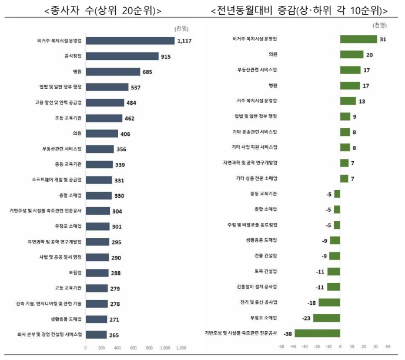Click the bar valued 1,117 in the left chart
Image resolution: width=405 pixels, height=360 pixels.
point(130,41)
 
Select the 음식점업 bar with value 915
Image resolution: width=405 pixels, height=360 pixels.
point(122,56)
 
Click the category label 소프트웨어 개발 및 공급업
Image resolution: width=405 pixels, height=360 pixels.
point(58,179)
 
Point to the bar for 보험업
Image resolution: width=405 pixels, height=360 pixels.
point(97,272)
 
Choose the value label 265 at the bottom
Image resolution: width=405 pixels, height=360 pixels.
point(114,335)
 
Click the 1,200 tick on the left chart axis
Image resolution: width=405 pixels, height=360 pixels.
point(181,348)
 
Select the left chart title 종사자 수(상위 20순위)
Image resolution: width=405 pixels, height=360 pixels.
point(103,11)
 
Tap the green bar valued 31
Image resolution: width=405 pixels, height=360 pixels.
point(358,39)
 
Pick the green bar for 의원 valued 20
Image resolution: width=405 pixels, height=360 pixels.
point(352,54)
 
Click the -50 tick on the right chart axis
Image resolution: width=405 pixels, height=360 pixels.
point(282,348)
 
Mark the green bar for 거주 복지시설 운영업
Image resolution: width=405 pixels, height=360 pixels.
point(347,101)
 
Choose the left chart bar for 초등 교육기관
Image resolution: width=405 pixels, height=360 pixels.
point(103,118)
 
